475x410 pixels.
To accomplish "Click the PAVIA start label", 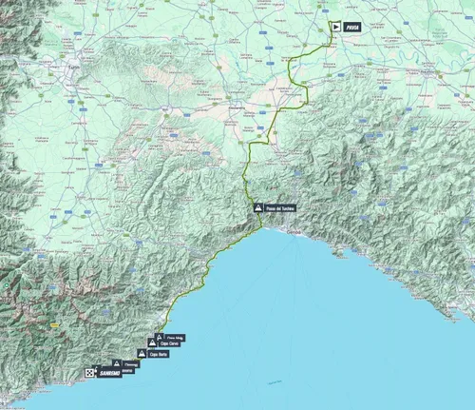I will click(x=353, y=29).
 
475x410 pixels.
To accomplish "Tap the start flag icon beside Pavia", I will click(x=333, y=29).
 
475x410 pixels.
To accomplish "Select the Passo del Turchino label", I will click(x=282, y=208).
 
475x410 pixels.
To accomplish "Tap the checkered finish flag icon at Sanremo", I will click(x=89, y=373).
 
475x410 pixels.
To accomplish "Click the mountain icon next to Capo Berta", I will click(x=142, y=353).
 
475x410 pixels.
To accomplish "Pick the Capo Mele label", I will click(x=176, y=337).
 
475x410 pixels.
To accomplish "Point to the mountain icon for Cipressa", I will click(x=117, y=362).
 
